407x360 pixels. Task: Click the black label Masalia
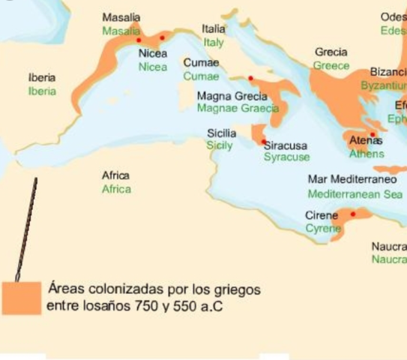pyautogui.click(x=119, y=16)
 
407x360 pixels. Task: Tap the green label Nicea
pyautogui.click(x=153, y=67)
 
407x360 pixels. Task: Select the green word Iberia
pyautogui.click(x=42, y=91)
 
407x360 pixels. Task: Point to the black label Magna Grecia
pyautogui.click(x=232, y=97)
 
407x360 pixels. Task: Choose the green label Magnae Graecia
pyautogui.click(x=237, y=108)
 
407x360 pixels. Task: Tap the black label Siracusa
pyautogui.click(x=286, y=145)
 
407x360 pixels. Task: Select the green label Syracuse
pyautogui.click(x=286, y=157)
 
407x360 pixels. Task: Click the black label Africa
pyautogui.click(x=116, y=175)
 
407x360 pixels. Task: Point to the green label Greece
pyautogui.click(x=331, y=65)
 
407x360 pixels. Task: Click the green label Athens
pyautogui.click(x=366, y=154)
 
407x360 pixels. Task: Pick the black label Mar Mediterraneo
pyautogui.click(x=352, y=179)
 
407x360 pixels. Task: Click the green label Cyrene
pyautogui.click(x=323, y=228)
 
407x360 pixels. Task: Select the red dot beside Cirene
pyautogui.click(x=353, y=214)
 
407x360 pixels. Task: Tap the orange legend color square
pyautogui.click(x=21, y=298)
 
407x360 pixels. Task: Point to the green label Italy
pyautogui.click(x=214, y=43)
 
